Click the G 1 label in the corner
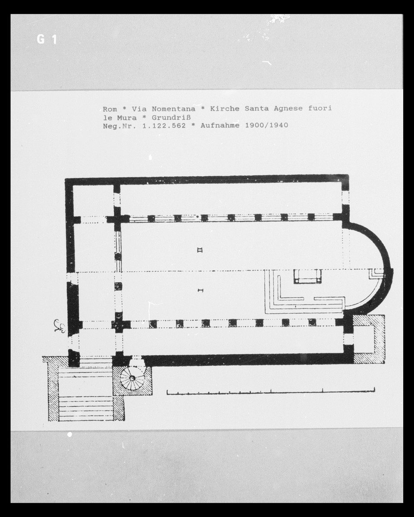coord(47,39)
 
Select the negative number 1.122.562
coord(164,126)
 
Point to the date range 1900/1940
coord(267,125)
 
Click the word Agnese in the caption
coord(288,109)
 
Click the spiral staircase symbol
coord(132,378)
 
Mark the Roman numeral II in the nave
coord(199,250)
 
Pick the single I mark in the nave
coord(200,290)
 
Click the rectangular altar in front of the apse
coord(307,277)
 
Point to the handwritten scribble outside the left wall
coord(60,326)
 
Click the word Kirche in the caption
coord(225,109)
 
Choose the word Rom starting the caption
coord(110,109)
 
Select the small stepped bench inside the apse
coord(376,274)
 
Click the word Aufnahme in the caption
coord(220,125)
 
